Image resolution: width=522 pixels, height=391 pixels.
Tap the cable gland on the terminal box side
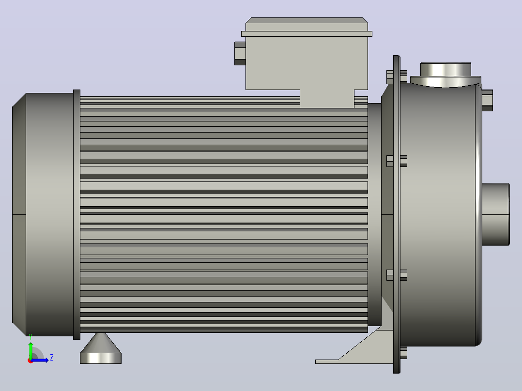pos(240,53)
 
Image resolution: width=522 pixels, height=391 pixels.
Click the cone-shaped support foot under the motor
pos(101,343)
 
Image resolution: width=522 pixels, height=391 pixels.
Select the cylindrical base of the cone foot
pos(101,358)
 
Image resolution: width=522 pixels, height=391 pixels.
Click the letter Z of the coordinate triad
pos(52,358)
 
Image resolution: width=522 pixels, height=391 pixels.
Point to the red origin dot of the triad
pos(31,361)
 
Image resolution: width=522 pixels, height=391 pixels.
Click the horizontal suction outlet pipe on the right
pos(496,214)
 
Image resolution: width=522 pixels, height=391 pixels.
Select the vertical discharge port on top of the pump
pos(445,75)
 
